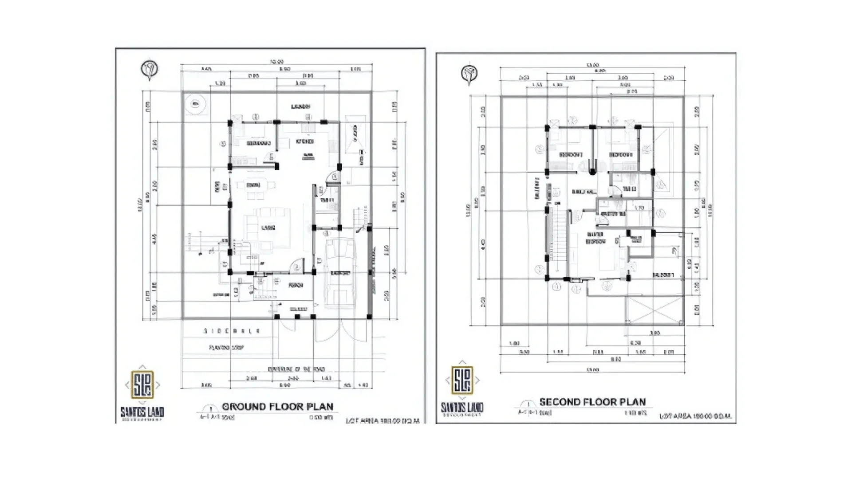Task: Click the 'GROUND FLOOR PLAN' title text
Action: pyautogui.click(x=277, y=406)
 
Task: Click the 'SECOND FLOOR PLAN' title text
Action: pyautogui.click(x=592, y=402)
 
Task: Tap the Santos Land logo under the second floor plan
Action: pyautogui.click(x=462, y=380)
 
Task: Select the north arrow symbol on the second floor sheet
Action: pyautogui.click(x=469, y=74)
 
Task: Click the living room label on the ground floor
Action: pyautogui.click(x=268, y=228)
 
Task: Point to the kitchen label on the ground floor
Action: pyautogui.click(x=305, y=141)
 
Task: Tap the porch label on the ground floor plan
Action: pyautogui.click(x=296, y=285)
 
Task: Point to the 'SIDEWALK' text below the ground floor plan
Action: pyautogui.click(x=232, y=331)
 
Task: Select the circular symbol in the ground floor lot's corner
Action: pyautogui.click(x=195, y=105)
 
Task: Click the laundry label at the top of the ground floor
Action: pyautogui.click(x=300, y=106)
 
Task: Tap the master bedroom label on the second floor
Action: pyautogui.click(x=596, y=238)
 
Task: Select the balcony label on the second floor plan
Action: pyautogui.click(x=663, y=275)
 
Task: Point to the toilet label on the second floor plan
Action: pyautogui.click(x=629, y=189)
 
